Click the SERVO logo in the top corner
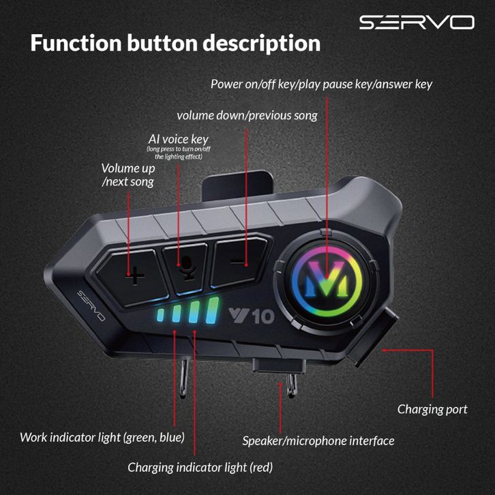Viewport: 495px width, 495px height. tap(416, 22)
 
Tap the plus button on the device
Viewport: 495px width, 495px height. tap(136, 275)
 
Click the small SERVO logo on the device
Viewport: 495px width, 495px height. tap(91, 306)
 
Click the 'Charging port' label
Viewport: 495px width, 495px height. tap(432, 409)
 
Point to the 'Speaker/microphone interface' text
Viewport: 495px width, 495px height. tap(318, 440)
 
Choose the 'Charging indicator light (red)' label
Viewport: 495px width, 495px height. tap(200, 467)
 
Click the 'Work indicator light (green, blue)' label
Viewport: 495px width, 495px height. tap(102, 437)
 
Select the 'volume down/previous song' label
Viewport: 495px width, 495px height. tap(247, 115)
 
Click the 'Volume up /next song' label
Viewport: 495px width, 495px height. tap(128, 175)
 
